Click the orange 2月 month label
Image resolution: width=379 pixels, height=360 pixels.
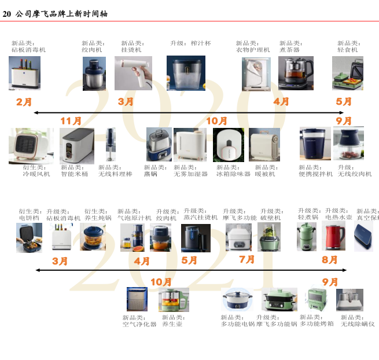(x=24, y=102)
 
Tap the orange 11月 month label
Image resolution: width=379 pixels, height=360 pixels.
(x=71, y=120)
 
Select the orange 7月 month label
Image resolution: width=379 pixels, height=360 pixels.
(x=246, y=260)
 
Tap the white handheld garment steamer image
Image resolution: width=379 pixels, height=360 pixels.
(x=133, y=73)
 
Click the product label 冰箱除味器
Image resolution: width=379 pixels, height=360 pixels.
(x=233, y=174)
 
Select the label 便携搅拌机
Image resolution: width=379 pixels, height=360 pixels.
(x=316, y=174)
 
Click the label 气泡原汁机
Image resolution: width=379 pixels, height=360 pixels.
(x=134, y=218)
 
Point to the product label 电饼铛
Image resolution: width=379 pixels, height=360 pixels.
(x=28, y=218)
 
